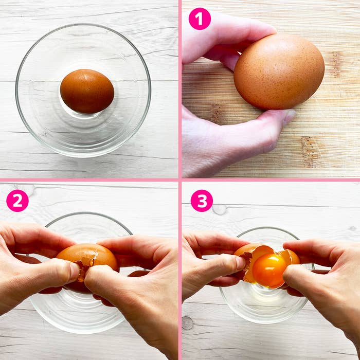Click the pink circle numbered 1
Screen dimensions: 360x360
click(200, 19)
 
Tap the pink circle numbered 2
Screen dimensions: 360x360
click(17, 201)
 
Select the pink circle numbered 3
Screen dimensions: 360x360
click(202, 201)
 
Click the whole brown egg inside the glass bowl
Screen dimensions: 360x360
click(87, 91)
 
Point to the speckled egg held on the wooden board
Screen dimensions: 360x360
click(279, 71)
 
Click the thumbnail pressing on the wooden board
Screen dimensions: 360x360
click(289, 116)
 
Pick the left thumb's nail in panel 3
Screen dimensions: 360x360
click(240, 263)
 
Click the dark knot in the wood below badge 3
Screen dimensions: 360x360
click(187, 323)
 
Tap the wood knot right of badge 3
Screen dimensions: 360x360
click(220, 210)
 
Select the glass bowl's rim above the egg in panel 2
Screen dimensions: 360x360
click(88, 214)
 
